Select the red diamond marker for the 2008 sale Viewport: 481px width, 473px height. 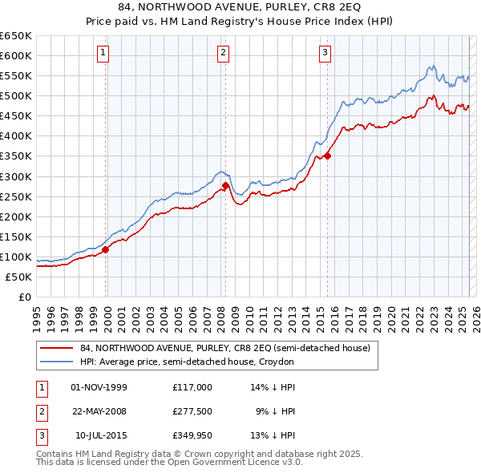226,186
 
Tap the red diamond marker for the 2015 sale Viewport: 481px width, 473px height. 327,156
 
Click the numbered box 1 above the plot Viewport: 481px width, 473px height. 104,54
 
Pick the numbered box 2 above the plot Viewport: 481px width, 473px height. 222,54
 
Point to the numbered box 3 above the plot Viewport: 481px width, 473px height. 325,54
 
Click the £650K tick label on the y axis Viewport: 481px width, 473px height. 16,36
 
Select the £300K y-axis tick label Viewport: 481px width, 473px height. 16,176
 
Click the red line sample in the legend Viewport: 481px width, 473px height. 57,349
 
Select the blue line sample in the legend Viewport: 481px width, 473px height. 57,362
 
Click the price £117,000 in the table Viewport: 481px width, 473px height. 192,387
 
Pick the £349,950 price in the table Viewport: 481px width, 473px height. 192,435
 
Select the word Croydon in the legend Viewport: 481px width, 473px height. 277,362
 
